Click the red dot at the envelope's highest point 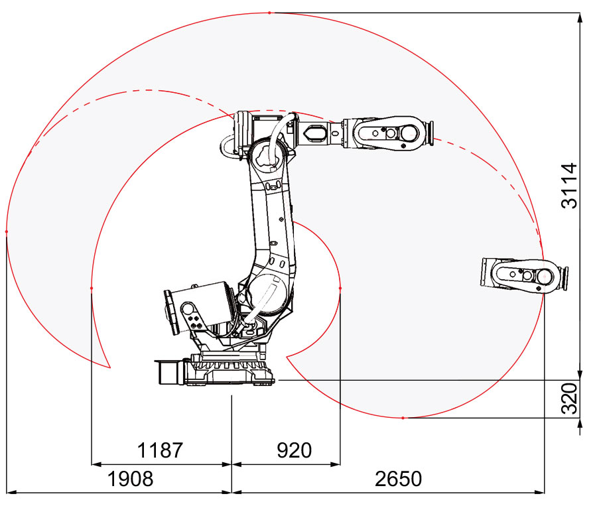269,13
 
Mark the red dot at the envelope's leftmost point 7,231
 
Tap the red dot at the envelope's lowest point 403,418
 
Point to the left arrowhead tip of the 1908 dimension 7,493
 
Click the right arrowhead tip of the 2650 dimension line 545,493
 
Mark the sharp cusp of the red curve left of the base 110,368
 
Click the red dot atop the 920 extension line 340,288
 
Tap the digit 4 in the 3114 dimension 569,169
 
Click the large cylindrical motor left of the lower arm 198,308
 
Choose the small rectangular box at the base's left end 168,371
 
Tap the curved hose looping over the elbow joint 281,141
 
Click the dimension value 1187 160,450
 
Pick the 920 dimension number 294,450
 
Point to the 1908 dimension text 130,479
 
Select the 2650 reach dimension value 398,479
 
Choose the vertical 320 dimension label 569,399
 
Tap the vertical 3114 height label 569,186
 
